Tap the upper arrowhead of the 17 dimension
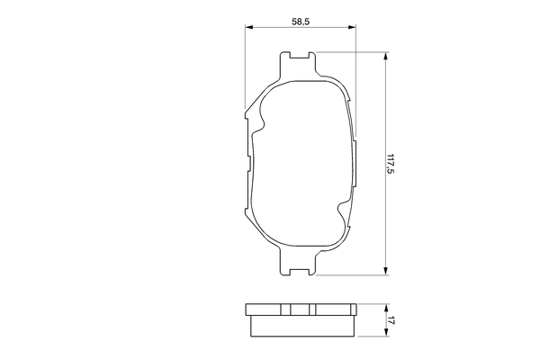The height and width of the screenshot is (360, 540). tap(386, 306)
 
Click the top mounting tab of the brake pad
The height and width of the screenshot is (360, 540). tap(300, 62)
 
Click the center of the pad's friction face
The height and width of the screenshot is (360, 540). tap(300, 162)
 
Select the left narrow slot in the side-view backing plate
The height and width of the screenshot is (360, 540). tap(279, 310)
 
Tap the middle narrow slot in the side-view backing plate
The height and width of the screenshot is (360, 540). tap(292, 310)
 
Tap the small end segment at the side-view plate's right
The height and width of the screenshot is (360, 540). tap(353, 310)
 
